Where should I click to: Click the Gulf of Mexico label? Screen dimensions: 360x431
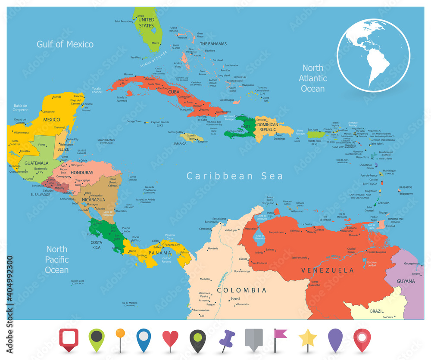tap(65, 44)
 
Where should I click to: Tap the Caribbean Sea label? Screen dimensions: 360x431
tap(235, 176)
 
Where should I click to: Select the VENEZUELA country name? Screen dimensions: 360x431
tap(328, 270)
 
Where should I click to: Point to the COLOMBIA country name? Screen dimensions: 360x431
tap(242, 290)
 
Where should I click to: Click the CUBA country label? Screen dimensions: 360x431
tap(174, 92)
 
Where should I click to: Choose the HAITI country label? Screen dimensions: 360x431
tap(245, 127)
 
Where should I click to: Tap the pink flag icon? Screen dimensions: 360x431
tap(280, 337)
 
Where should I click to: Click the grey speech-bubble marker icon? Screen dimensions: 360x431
tap(253, 340)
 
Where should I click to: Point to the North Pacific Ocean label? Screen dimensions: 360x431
tap(57, 260)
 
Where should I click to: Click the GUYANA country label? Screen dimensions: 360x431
tap(406, 281)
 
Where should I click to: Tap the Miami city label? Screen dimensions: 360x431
tap(155, 43)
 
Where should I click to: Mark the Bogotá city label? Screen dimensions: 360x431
tap(235, 298)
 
